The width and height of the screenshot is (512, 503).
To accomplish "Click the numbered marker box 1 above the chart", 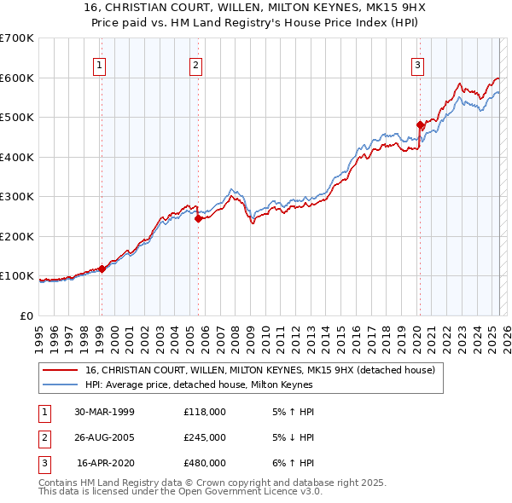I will coord(100,65).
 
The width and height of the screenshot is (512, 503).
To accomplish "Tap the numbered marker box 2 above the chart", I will coord(196,65).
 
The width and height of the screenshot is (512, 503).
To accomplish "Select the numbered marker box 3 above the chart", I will coord(418,65).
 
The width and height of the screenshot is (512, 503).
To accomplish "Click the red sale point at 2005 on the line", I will coord(198,218).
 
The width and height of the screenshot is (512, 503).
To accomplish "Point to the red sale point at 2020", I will coord(420,124).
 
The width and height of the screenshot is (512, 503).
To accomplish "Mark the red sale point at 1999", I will coord(102,269).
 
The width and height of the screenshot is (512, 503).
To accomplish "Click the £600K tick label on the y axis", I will coord(17,78).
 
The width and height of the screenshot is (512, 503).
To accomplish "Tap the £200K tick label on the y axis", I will coord(17,236).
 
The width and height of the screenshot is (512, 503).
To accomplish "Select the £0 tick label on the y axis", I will coord(26,315).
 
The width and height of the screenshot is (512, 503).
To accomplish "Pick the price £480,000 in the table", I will coord(205,463).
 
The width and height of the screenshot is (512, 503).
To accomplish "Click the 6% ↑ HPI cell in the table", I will coord(291,463).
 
